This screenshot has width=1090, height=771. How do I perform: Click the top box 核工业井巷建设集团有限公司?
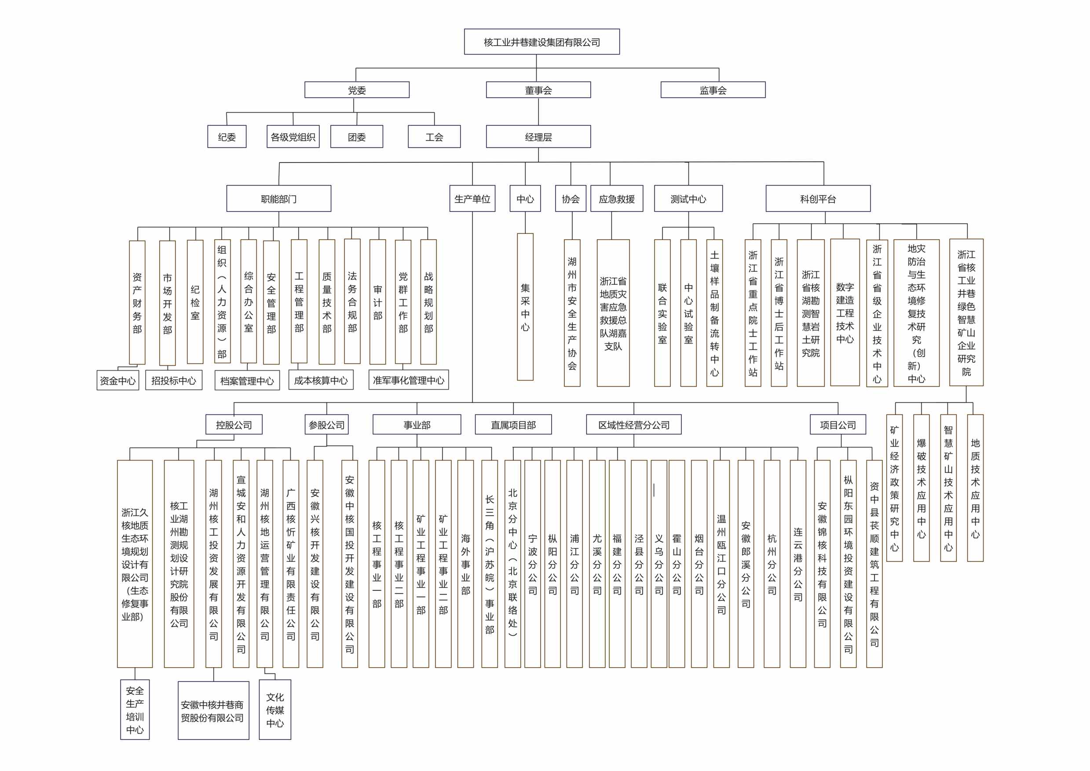point(541,42)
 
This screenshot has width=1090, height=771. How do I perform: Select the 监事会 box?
point(713,90)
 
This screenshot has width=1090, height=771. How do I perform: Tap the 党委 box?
point(357,90)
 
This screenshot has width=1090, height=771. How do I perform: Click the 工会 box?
point(434,137)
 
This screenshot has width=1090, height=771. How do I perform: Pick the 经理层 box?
point(538,137)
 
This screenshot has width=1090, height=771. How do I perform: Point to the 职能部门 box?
point(279,198)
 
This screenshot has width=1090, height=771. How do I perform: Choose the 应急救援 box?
point(617,198)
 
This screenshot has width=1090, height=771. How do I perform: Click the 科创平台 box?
point(818,198)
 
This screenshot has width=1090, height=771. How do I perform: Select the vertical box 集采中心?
point(525,307)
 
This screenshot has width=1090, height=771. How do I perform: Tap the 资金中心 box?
point(118,380)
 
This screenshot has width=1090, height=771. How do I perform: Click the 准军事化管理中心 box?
point(409,380)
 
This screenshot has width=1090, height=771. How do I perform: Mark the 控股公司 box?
point(234,425)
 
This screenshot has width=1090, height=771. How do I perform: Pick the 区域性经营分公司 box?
point(633,425)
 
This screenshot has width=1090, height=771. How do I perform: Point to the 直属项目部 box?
point(513,425)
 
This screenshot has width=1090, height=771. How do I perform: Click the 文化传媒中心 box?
point(275,710)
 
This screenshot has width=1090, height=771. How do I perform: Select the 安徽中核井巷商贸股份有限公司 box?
point(214,711)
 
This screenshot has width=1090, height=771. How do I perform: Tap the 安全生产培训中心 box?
point(135,710)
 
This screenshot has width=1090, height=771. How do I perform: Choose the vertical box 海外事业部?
point(465,564)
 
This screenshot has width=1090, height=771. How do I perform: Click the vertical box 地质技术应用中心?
point(975,488)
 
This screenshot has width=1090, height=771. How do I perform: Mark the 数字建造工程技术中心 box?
point(845,313)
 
